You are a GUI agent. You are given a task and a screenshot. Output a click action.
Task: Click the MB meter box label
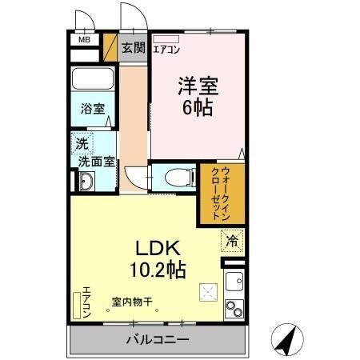click(84, 38)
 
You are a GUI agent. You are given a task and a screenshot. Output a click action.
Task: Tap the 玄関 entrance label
click(134, 47)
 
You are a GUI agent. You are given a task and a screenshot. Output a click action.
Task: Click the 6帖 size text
click(197, 107)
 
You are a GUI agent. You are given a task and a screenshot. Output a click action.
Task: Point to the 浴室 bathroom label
click(93, 109)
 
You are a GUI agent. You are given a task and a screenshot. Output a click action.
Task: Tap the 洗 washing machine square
click(82, 145)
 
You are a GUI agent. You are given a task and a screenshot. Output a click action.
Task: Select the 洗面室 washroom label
click(95, 161)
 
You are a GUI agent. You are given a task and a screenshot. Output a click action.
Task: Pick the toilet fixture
click(180, 176)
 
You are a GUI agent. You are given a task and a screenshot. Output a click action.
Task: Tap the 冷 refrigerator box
click(232, 239)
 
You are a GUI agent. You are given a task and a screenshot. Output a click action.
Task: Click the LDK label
click(165, 248)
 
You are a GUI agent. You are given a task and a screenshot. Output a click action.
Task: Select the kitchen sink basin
click(235, 282)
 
